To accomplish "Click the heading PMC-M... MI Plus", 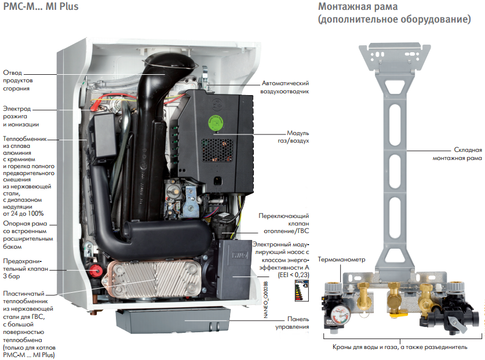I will pos(41,7).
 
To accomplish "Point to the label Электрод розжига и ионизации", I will pos(21,117).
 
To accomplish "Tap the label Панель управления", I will pos(294,323).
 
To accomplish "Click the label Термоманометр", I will pos(342,260).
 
